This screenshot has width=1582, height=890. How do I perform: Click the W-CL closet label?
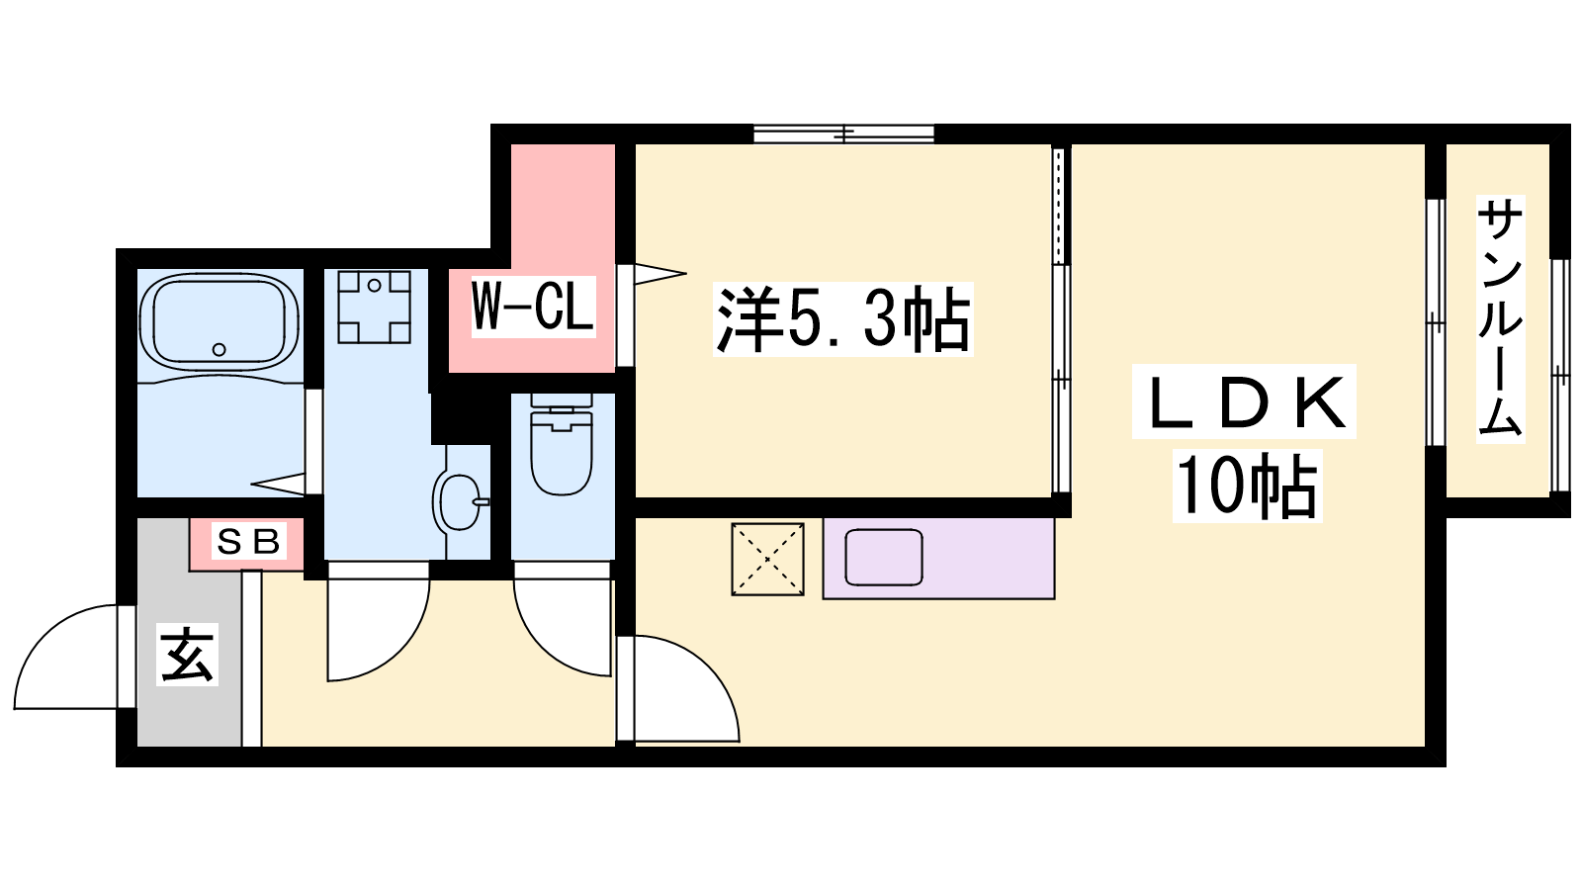click(533, 307)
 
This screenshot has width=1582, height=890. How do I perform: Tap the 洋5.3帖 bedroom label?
click(843, 320)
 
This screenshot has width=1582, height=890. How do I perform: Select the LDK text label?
click(1246, 401)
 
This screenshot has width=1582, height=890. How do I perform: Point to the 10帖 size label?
click(1247, 486)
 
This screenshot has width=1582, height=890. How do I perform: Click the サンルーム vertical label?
click(1500, 319)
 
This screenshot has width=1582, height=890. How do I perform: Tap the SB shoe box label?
click(248, 542)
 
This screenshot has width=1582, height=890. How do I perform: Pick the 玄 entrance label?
click(187, 654)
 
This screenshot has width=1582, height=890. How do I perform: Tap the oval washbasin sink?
click(459, 500)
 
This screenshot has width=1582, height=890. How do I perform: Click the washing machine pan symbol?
click(375, 308)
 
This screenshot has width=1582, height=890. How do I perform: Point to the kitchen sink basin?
click(884, 558)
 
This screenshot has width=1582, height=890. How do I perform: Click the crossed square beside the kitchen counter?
click(767, 560)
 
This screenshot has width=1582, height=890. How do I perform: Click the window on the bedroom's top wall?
click(844, 133)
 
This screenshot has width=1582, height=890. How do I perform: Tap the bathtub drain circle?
click(219, 349)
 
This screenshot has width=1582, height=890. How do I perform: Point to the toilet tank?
click(562, 400)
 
